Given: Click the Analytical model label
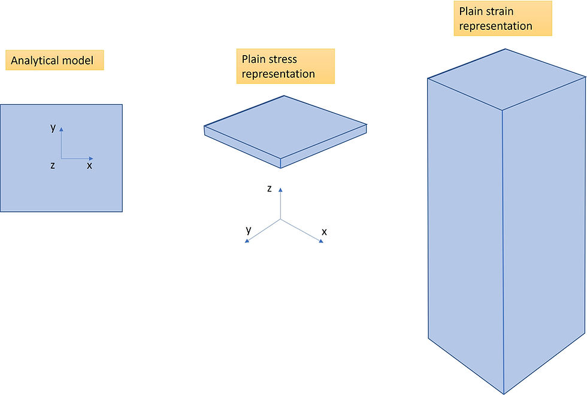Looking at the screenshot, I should pyautogui.click(x=55, y=60).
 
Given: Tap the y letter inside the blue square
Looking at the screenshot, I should pyautogui.click(x=53, y=127).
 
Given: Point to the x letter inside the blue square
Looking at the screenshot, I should pyautogui.click(x=89, y=165).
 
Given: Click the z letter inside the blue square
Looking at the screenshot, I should pyautogui.click(x=53, y=165).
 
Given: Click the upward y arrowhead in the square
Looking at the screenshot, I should pyautogui.click(x=62, y=128).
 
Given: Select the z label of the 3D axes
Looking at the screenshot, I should pyautogui.click(x=270, y=189).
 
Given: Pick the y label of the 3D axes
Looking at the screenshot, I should pyautogui.click(x=249, y=230).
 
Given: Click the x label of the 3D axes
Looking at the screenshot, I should pyautogui.click(x=324, y=231).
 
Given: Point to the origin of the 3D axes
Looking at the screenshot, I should pyautogui.click(x=281, y=220).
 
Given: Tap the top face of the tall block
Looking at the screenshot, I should pyautogui.click(x=507, y=78).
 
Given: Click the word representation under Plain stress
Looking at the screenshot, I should pyautogui.click(x=278, y=74).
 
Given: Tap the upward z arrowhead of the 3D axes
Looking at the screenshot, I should pyautogui.click(x=281, y=189).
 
